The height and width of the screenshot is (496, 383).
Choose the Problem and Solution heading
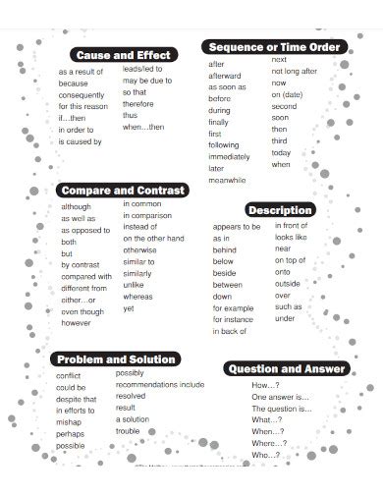(x=116, y=358)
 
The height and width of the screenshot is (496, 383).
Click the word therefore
(x=138, y=103)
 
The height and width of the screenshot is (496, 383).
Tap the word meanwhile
(x=228, y=180)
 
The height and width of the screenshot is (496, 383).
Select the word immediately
(x=229, y=156)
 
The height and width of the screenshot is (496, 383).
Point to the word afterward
(x=225, y=75)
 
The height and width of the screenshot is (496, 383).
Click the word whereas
(x=137, y=297)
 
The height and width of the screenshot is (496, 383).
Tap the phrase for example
(x=233, y=307)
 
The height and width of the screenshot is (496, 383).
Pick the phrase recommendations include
(x=159, y=385)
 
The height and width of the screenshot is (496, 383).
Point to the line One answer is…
(x=281, y=397)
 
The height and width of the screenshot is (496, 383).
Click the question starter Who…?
(x=265, y=455)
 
